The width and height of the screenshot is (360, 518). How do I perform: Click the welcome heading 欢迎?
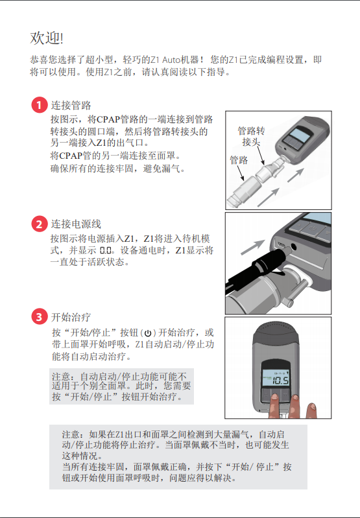tap(47, 38)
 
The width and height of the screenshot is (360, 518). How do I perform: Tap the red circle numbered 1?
tap(39, 106)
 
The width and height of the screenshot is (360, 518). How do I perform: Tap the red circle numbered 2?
tap(39, 224)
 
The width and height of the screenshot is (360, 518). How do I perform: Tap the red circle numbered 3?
tap(39, 317)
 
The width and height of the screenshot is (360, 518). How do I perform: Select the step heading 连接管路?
tap(71, 106)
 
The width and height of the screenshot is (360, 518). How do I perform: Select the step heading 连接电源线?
tap(76, 224)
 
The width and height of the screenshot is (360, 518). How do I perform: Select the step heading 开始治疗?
tap(71, 318)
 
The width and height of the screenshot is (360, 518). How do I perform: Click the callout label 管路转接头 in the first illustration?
tap(251, 135)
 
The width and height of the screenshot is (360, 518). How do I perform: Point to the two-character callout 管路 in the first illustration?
tap(239, 159)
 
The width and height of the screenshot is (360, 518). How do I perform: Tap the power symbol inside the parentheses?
tap(150, 333)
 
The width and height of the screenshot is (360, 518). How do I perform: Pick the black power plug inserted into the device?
tap(256, 272)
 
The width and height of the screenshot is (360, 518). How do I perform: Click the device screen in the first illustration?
tap(298, 136)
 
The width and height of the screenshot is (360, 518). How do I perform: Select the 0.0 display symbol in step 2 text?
tap(106, 250)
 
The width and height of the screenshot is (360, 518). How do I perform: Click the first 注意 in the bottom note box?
tap(71, 434)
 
